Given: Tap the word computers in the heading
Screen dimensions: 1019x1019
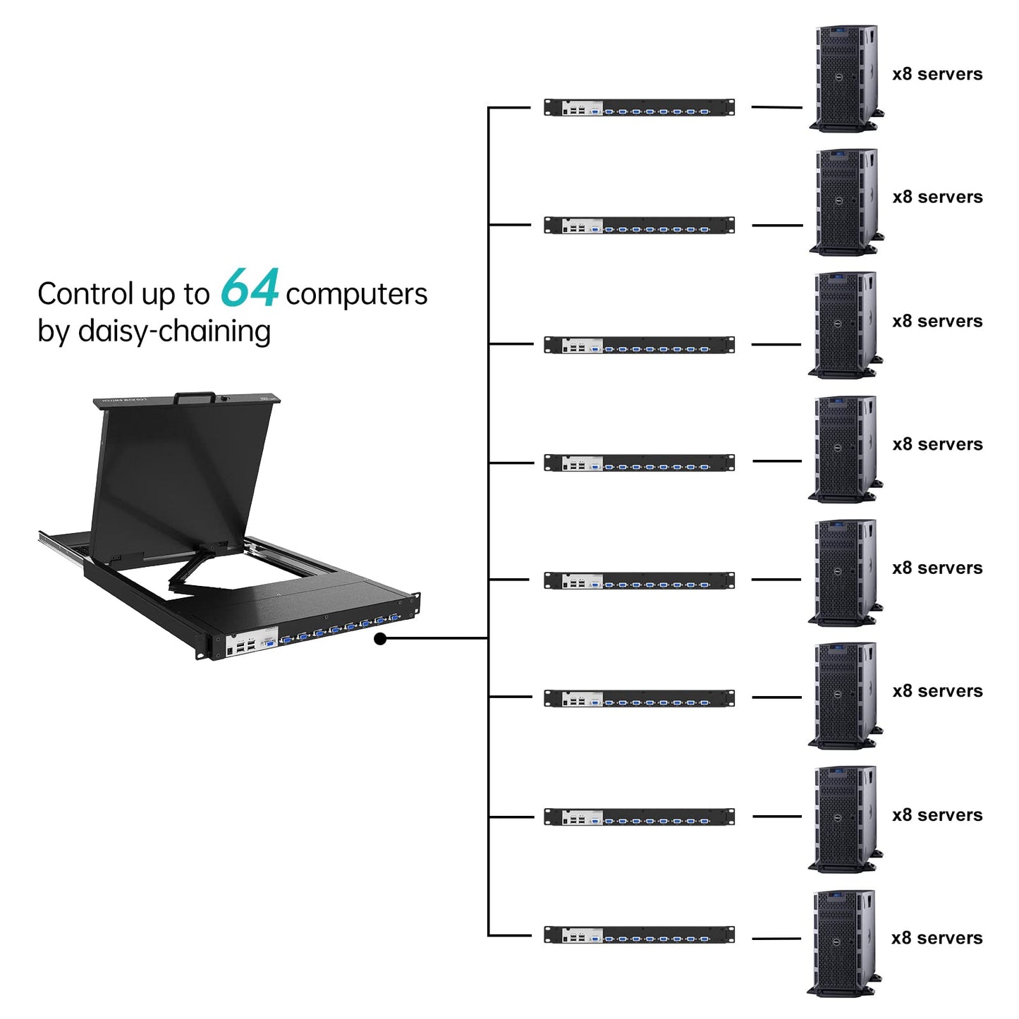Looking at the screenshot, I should [x=356, y=294].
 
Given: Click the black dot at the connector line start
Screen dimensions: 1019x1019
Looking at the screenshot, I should [x=380, y=639].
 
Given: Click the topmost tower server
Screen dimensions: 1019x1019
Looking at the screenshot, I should [x=846, y=78].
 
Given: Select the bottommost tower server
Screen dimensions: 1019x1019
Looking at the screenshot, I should [x=843, y=943].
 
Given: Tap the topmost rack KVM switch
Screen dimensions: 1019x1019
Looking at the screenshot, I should [x=639, y=108].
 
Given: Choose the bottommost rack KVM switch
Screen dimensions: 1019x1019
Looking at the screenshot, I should [x=639, y=935].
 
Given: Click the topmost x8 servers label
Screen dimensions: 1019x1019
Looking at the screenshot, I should [x=937, y=74].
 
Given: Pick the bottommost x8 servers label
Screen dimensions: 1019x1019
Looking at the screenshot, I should [x=936, y=938].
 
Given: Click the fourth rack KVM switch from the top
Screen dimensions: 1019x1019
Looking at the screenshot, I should [x=639, y=463].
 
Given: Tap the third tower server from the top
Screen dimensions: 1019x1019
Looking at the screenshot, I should [x=845, y=325].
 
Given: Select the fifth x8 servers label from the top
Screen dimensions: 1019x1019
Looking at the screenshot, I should [x=937, y=568].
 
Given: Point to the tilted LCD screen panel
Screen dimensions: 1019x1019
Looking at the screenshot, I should [x=176, y=480].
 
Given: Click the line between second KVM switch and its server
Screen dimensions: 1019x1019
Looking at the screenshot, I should [x=777, y=226].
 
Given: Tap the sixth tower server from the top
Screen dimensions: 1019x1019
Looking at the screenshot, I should [x=845, y=695].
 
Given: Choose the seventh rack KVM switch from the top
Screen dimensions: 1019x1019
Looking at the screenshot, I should [x=639, y=817].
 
